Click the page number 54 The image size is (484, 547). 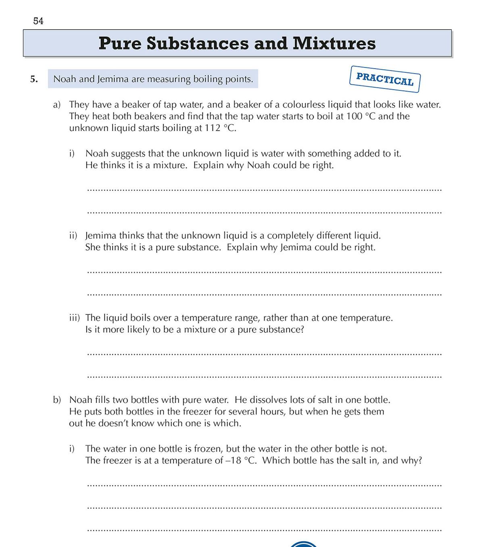[x=38, y=21]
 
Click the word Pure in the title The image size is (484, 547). [x=120, y=43]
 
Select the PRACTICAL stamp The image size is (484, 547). [x=385, y=79]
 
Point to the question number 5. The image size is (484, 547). [x=34, y=79]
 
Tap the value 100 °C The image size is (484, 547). [x=361, y=116]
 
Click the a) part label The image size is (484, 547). [x=57, y=105]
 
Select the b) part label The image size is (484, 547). [x=57, y=400]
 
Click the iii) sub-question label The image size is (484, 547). [x=74, y=318]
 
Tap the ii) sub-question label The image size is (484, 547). [x=73, y=236]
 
